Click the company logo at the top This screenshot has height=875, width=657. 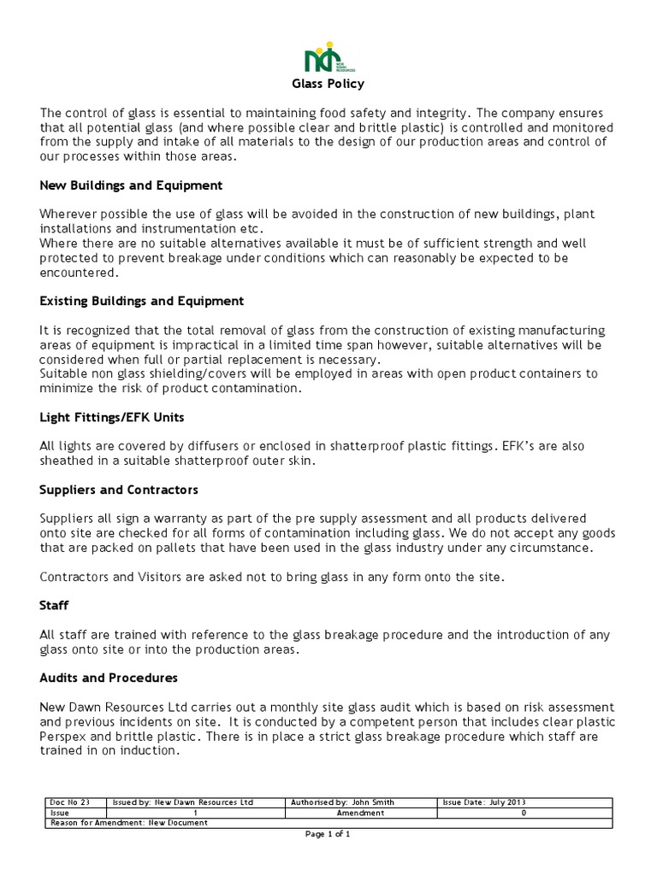pos(328,59)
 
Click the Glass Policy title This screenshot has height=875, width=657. pos(328,84)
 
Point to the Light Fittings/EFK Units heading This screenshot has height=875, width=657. pos(112,417)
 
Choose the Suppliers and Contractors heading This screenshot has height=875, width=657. pos(119,490)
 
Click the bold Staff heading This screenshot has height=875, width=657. pos(54,606)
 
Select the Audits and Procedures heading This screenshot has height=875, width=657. pos(109,678)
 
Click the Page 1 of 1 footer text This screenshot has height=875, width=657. pos(328,834)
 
